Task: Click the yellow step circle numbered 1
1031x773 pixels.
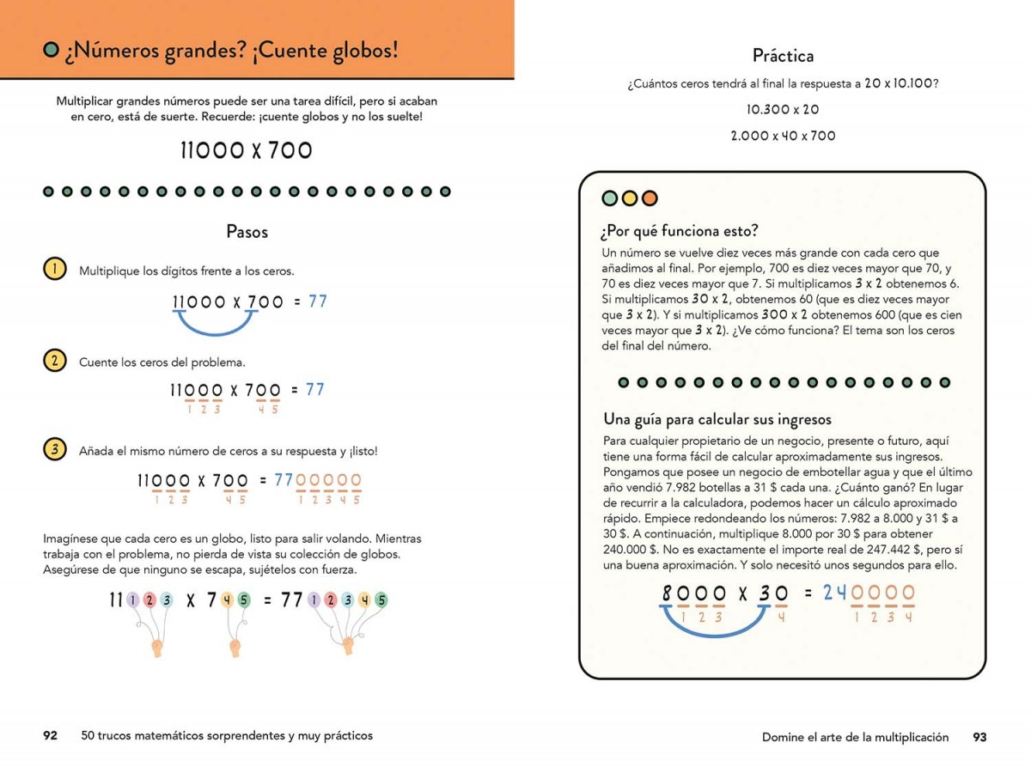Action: coord(54,269)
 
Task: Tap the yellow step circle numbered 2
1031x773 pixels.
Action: coord(54,361)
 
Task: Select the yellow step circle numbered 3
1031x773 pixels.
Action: coord(54,449)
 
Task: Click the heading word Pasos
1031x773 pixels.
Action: coord(247,232)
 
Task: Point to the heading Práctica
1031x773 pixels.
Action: coord(783,56)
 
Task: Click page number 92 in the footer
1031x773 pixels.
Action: coord(50,735)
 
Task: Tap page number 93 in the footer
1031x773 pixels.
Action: coord(979,737)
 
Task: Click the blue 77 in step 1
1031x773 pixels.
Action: coord(317,301)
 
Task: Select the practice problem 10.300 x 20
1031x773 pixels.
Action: coord(783,110)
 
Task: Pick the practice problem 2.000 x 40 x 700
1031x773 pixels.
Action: coord(783,136)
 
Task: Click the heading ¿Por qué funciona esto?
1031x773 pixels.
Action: coord(680,230)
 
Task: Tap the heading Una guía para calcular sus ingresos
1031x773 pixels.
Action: coord(717,419)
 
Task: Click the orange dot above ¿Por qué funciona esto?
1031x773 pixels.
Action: coord(649,198)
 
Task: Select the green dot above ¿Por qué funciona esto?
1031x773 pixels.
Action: coord(610,198)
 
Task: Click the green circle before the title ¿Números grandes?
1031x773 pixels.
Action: coord(51,51)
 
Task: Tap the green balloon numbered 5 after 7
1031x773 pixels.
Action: coord(244,601)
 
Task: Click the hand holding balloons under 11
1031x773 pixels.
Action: coord(157,647)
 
